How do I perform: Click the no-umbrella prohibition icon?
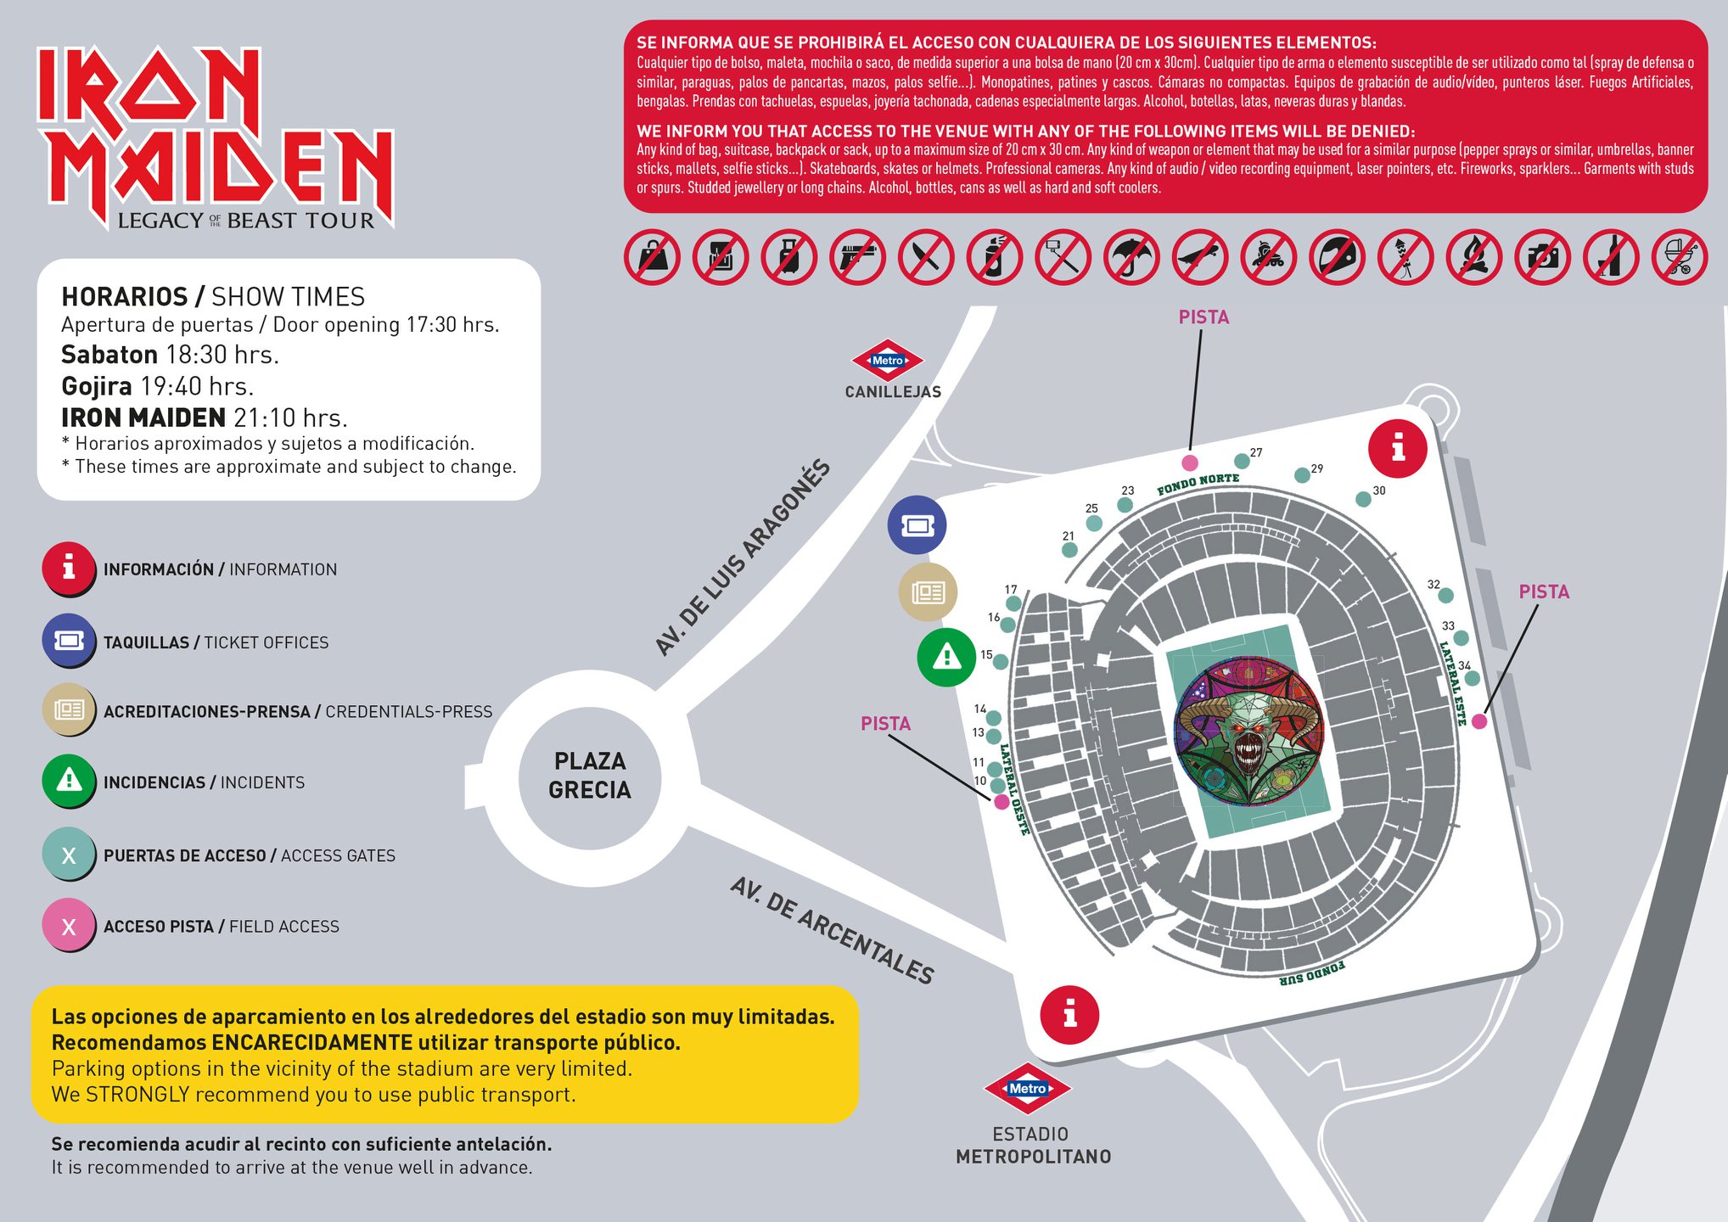pos(1131,256)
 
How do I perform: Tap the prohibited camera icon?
pos(1542,256)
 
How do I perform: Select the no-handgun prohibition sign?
pos(857,256)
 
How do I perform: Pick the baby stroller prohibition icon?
pos(1680,256)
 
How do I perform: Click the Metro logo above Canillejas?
pos(888,361)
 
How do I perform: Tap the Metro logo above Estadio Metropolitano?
pos(1027,1088)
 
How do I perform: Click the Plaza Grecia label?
pos(590,775)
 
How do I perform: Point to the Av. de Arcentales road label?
pos(832,931)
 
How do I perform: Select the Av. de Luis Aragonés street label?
pos(743,558)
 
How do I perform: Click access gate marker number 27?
pos(1242,461)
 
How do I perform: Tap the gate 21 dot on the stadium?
pos(1070,550)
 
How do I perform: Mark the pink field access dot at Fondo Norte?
pos(1190,462)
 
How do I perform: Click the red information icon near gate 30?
pos(1397,448)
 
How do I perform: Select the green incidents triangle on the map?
pos(946,657)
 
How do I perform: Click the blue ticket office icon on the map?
pos(917,525)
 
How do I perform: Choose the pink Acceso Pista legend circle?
pos(69,926)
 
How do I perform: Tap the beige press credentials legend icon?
pos(69,709)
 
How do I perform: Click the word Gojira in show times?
pos(96,386)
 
